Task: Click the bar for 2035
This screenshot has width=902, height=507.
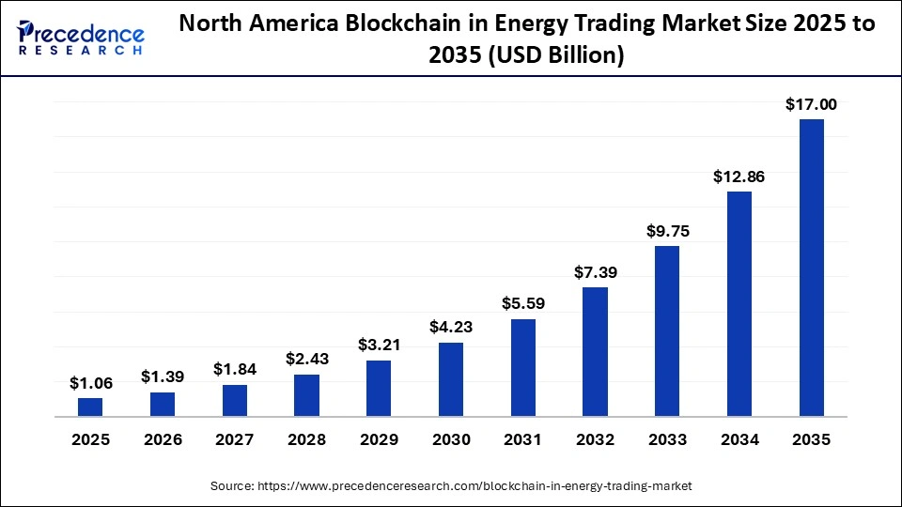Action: tap(811, 268)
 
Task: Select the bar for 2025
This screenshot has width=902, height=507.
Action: tap(90, 407)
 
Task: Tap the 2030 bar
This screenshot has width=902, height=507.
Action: tap(451, 379)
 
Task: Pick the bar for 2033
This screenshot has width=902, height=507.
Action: tap(667, 330)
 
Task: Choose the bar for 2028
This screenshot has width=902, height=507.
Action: tap(306, 395)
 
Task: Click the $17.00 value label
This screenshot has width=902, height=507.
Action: tap(811, 105)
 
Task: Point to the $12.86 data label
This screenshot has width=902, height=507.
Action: tap(739, 176)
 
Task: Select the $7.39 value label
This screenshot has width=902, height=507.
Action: tap(595, 272)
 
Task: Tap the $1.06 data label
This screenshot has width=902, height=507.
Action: tap(90, 383)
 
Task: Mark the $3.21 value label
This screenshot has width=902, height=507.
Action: tap(379, 345)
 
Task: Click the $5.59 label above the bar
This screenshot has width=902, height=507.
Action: tap(522, 303)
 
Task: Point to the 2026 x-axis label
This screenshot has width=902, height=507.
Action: tap(163, 439)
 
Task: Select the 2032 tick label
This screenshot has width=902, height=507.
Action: tap(595, 439)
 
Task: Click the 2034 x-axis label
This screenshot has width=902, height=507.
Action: tap(739, 439)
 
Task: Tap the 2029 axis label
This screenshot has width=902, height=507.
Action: tap(379, 439)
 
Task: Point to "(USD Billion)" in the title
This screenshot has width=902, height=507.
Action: tap(557, 56)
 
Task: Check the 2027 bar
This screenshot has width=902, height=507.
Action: tap(235, 400)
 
